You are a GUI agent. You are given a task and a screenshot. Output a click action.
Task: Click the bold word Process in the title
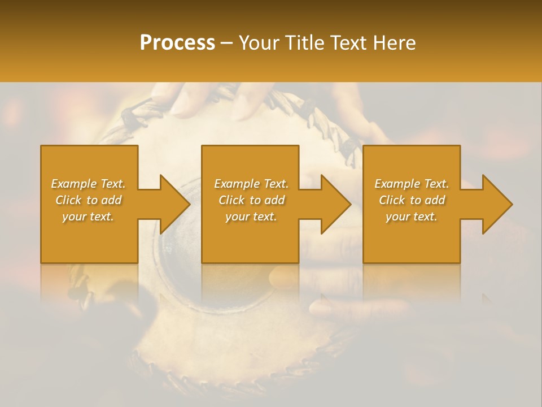click(x=177, y=42)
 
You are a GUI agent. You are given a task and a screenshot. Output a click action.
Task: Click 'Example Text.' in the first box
click(x=88, y=184)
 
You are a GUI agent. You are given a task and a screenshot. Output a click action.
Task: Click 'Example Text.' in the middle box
click(x=251, y=184)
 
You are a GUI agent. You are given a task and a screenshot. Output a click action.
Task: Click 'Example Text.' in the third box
click(x=412, y=184)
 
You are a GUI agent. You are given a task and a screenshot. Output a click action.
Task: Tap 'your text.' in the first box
click(x=88, y=217)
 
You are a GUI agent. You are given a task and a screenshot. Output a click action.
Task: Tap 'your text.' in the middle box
click(x=251, y=217)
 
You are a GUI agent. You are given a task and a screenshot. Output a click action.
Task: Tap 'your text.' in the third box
click(x=412, y=217)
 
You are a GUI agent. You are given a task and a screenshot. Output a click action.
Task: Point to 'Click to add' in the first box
click(x=88, y=200)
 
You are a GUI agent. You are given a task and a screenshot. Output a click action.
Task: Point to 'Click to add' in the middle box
click(x=251, y=200)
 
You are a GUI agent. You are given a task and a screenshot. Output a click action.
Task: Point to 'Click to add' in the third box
click(x=412, y=200)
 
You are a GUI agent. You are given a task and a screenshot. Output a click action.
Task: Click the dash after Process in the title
click(x=227, y=44)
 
